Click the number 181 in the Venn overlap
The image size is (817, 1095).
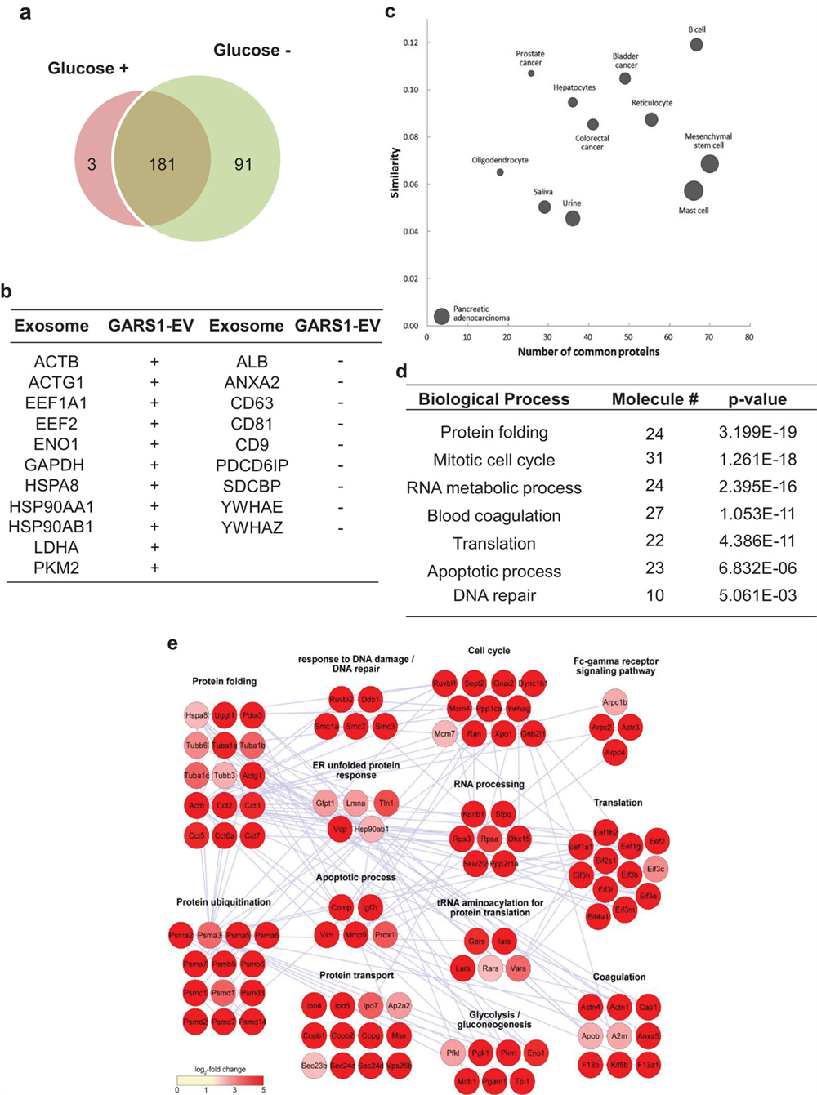pyautogui.click(x=162, y=165)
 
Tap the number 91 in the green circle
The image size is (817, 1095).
pyautogui.click(x=243, y=165)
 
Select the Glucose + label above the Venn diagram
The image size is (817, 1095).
pyautogui.click(x=88, y=69)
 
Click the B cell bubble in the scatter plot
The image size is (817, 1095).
pyautogui.click(x=696, y=44)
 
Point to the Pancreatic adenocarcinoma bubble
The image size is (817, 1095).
pyautogui.click(x=442, y=316)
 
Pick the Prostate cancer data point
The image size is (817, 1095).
pyautogui.click(x=531, y=73)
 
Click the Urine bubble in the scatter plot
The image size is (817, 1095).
pyautogui.click(x=573, y=218)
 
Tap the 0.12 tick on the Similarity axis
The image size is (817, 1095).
pyautogui.click(x=410, y=42)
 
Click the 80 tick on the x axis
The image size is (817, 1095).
pyautogui.click(x=748, y=336)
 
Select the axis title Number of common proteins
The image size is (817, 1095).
pyautogui.click(x=588, y=352)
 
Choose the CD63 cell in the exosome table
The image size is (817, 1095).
pyautogui.click(x=252, y=403)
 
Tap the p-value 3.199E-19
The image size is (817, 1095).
pyautogui.click(x=757, y=432)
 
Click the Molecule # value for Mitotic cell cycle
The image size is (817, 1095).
pyautogui.click(x=654, y=459)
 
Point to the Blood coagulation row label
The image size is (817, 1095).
pyautogui.click(x=493, y=515)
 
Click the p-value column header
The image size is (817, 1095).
pyautogui.click(x=757, y=399)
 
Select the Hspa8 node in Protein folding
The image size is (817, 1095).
pyautogui.click(x=196, y=716)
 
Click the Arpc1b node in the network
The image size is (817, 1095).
pyautogui.click(x=614, y=702)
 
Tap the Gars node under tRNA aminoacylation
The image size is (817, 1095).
pyautogui.click(x=476, y=941)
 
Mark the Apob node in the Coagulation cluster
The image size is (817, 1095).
pyautogui.click(x=590, y=1036)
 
